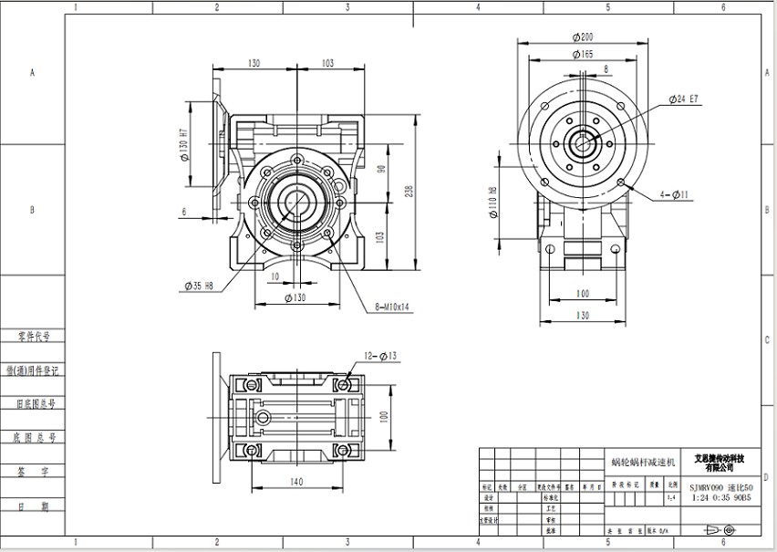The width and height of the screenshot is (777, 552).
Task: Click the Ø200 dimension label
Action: point(583,37)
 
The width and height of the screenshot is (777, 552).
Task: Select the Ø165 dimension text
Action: point(583,55)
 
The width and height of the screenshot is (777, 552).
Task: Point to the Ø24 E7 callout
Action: point(683,98)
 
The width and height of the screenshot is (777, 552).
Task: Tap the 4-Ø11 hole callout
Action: point(676,194)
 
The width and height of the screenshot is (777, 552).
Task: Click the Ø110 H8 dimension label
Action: point(493,205)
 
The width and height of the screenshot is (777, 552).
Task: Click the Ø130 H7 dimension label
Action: point(185,144)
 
